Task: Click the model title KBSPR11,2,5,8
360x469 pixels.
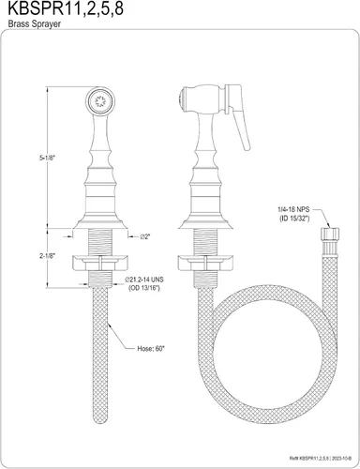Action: point(66,8)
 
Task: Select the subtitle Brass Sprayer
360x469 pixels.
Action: point(34,23)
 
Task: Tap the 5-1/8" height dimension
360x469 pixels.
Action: point(47,158)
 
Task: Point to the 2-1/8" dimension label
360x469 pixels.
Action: point(47,256)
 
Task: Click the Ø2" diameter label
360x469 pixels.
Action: point(145,236)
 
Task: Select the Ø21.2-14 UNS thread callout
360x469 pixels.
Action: point(144,280)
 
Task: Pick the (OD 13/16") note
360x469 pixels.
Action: point(144,288)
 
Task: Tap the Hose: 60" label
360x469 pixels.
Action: point(151,349)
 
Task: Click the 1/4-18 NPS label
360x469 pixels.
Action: point(294,209)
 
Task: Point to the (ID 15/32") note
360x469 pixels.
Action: point(294,219)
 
